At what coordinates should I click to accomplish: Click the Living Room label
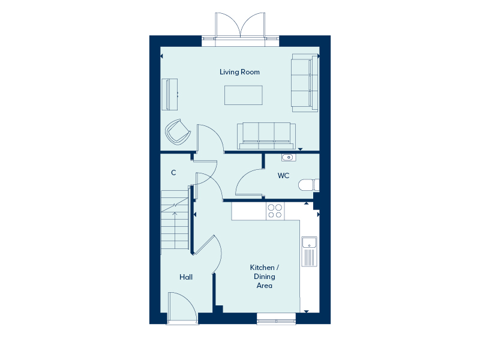(239, 72)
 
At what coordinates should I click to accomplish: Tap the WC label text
(283, 176)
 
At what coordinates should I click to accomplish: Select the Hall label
(186, 277)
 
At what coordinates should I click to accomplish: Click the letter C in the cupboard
(173, 173)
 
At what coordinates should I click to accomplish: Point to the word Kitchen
(262, 268)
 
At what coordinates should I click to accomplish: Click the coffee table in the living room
(244, 95)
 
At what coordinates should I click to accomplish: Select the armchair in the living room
(178, 132)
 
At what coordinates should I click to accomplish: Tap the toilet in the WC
(308, 185)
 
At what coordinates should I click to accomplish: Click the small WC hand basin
(289, 157)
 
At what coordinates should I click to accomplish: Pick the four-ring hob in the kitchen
(275, 211)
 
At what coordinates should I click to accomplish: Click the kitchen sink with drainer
(310, 251)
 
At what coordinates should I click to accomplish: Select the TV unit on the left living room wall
(170, 94)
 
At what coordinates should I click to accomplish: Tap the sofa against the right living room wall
(305, 83)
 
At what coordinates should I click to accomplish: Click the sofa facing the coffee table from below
(266, 136)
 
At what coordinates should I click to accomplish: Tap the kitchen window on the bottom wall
(276, 319)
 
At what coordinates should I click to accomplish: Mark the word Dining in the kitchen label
(265, 277)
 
